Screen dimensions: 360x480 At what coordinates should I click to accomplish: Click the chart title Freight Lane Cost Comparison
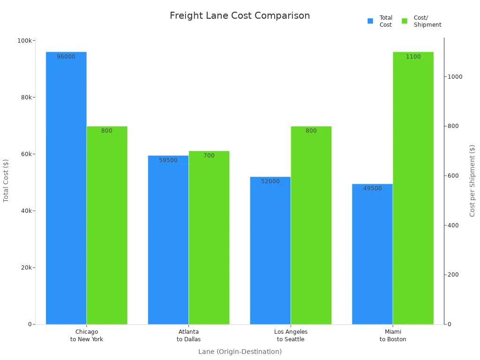pyautogui.click(x=240, y=16)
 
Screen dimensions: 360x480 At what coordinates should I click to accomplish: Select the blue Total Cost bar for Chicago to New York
pyautogui.click(x=66, y=187)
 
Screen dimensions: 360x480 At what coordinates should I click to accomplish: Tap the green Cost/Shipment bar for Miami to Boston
pyautogui.click(x=413, y=187)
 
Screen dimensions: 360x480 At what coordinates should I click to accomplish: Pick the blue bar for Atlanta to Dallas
pyautogui.click(x=168, y=240)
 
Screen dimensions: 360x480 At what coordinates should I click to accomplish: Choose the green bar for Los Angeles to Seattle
pyautogui.click(x=311, y=225)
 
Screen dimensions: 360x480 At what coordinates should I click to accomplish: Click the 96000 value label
pyautogui.click(x=66, y=57)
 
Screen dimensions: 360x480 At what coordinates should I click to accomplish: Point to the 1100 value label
pyautogui.click(x=413, y=57)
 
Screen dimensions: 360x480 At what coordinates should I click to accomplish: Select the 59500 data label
pyautogui.click(x=168, y=160)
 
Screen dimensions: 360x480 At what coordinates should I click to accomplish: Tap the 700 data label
pyautogui.click(x=209, y=156)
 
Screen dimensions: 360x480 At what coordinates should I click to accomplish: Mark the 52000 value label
pyautogui.click(x=270, y=181)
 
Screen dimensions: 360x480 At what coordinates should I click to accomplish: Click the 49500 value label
pyautogui.click(x=373, y=188)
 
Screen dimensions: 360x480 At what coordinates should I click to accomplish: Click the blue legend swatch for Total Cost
pyautogui.click(x=370, y=21)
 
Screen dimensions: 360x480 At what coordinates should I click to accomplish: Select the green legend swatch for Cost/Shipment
pyautogui.click(x=405, y=21)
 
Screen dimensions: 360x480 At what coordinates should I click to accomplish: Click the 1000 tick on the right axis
pyautogui.click(x=455, y=77)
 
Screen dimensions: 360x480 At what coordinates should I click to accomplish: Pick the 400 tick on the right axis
pyautogui.click(x=453, y=225)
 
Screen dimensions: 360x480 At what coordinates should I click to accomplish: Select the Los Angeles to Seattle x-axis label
pyautogui.click(x=291, y=336)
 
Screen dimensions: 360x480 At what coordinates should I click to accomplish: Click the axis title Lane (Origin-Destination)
pyautogui.click(x=240, y=352)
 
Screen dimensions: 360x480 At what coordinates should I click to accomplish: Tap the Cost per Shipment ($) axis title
pyautogui.click(x=472, y=180)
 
